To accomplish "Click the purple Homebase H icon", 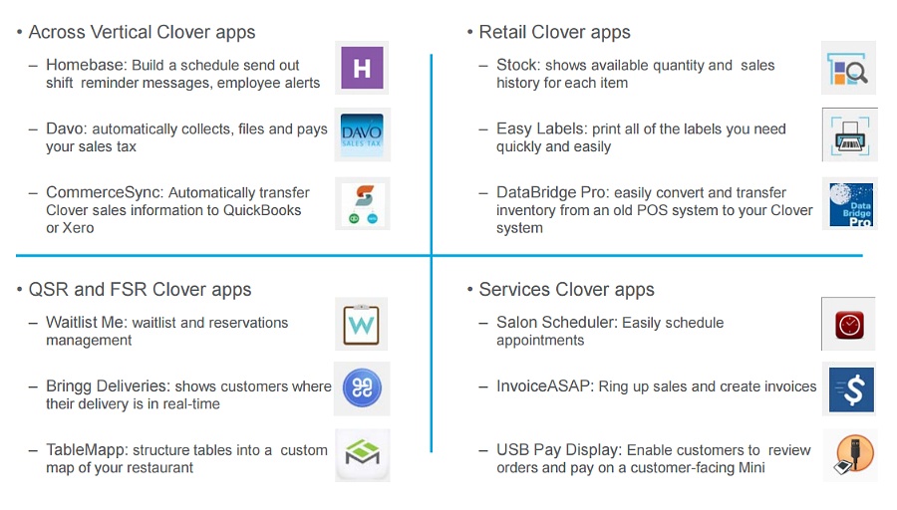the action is click(x=362, y=68).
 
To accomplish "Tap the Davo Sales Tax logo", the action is click(x=362, y=134).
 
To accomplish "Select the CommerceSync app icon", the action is click(x=363, y=204).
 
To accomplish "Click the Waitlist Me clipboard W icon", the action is click(x=361, y=325).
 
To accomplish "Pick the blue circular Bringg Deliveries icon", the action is click(x=362, y=387).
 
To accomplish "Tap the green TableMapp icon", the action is click(x=362, y=453).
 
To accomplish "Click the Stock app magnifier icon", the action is click(x=848, y=69).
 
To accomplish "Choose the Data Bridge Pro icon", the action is click(x=851, y=204).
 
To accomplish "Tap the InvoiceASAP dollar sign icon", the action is click(x=851, y=389).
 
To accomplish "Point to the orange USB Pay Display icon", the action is click(x=853, y=454).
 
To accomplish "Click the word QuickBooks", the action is click(x=262, y=210).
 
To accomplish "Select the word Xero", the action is click(x=78, y=228).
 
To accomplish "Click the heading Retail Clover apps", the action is click(x=554, y=32).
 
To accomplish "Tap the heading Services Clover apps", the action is click(x=566, y=289).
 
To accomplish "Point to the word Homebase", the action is click(x=86, y=65).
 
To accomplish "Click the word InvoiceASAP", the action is click(x=543, y=385).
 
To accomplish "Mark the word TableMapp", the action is click(x=86, y=450).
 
